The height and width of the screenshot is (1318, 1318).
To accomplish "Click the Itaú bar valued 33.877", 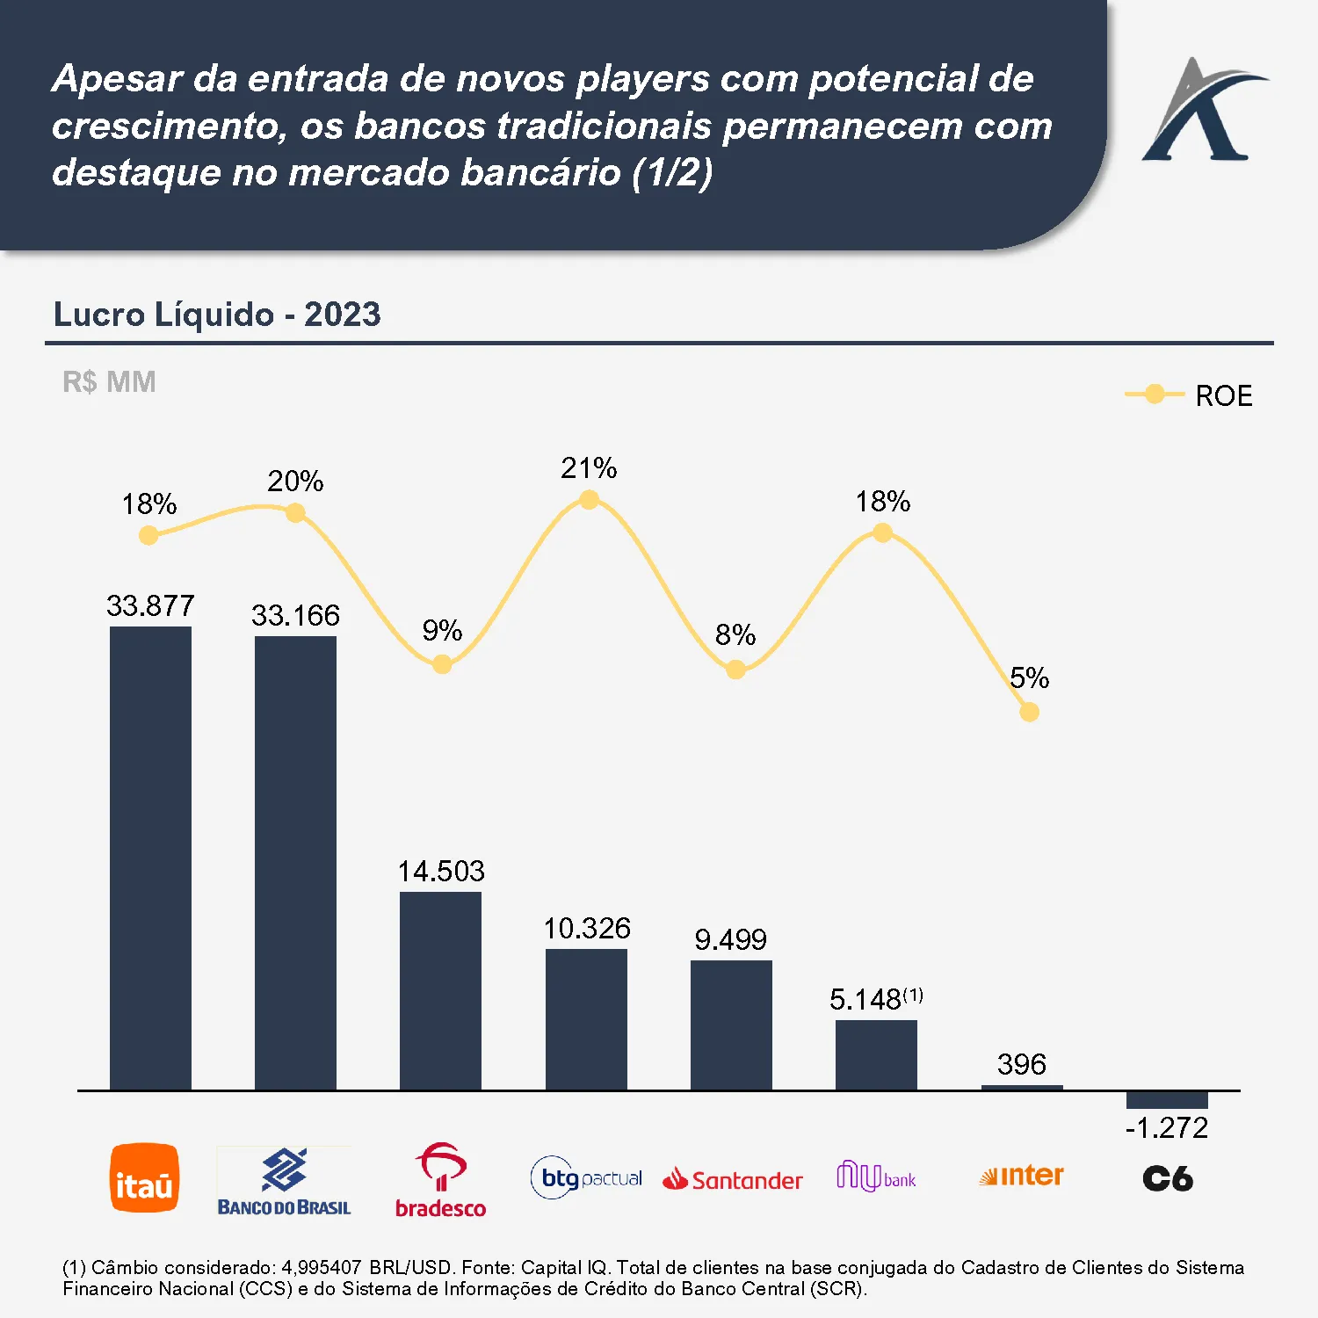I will click(150, 858).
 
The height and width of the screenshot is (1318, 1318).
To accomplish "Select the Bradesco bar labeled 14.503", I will click(440, 990).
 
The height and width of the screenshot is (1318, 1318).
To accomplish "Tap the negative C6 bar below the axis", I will click(1167, 1100).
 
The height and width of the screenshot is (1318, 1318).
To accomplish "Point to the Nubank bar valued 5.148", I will click(876, 1054).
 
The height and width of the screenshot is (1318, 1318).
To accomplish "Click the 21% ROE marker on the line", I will click(589, 500).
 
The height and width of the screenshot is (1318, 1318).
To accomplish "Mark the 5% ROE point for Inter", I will click(1029, 712).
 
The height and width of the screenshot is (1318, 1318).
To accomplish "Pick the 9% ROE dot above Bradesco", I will click(442, 664).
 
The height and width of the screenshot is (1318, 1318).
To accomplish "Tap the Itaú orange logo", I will click(144, 1178).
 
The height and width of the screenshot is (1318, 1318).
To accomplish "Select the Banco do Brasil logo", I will click(284, 1181).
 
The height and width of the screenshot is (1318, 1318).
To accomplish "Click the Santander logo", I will click(732, 1179).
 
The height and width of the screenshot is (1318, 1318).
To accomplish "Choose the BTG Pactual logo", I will click(586, 1178).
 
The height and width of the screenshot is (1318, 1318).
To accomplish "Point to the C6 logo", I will click(1167, 1178).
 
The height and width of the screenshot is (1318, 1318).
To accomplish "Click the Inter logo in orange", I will click(1021, 1176).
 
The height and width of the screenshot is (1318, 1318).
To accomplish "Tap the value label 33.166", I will click(295, 615).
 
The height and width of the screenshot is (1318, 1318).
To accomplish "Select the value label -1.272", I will click(1167, 1127).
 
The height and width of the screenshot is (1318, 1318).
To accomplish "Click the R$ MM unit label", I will click(109, 382).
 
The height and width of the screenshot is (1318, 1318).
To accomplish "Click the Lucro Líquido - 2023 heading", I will click(217, 315).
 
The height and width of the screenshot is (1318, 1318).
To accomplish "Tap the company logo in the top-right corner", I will click(1203, 111).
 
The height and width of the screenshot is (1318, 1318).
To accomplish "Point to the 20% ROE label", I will click(295, 482).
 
